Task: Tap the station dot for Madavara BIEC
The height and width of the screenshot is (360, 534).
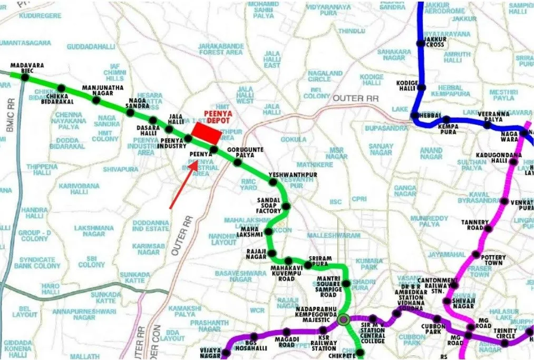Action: tap(24, 76)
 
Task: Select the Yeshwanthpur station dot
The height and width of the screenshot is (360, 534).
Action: tap(273, 182)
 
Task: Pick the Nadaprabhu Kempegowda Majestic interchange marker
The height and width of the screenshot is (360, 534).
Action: tap(344, 319)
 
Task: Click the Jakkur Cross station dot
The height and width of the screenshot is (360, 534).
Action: tap(420, 44)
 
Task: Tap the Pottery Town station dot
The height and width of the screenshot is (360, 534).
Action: tap(476, 255)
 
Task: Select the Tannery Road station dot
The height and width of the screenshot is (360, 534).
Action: tap(488, 229)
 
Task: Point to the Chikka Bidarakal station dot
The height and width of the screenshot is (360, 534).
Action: tap(61, 88)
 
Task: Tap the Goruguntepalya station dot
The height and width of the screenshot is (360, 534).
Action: tap(238, 162)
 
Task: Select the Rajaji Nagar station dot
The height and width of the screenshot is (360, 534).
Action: tap(271, 254)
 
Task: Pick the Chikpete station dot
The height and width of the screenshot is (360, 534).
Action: tap(360, 353)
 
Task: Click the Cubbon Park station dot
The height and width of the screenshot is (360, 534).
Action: tap(437, 319)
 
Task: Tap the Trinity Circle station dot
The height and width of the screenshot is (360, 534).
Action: tap(504, 343)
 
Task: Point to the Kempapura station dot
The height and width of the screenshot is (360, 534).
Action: tap(447, 120)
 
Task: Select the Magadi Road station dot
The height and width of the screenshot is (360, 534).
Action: tap(286, 332)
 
